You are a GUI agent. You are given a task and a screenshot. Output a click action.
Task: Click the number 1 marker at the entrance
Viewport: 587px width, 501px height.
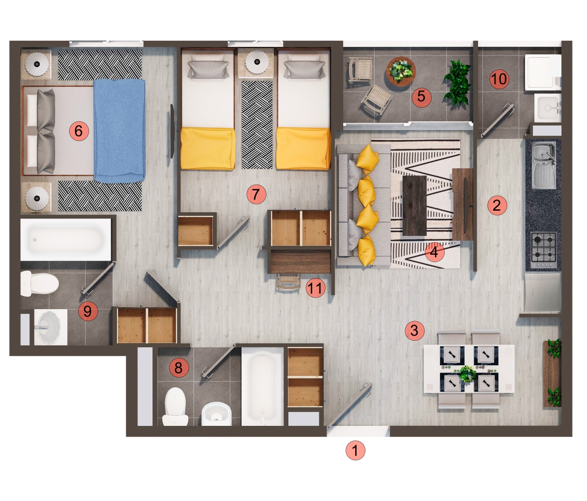point(355,450)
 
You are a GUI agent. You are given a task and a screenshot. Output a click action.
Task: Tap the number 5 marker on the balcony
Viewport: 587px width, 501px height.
point(421,96)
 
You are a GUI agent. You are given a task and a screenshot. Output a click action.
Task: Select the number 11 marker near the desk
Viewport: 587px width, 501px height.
point(315,289)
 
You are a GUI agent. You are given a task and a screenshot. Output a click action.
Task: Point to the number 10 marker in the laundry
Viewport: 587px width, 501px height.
point(499,78)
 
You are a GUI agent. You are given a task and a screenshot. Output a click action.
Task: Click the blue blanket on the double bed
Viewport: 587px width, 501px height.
point(120,130)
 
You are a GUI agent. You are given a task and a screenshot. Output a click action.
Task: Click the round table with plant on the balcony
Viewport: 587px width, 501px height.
point(401,70)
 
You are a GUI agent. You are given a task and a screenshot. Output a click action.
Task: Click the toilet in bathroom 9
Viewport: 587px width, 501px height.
point(39,284)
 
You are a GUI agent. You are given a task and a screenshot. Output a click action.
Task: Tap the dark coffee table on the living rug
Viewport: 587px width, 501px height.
point(414,205)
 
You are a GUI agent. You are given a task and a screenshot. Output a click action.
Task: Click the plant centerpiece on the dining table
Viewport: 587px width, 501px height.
point(467,373)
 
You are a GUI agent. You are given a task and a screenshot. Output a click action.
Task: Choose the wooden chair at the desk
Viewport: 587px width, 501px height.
point(288,282)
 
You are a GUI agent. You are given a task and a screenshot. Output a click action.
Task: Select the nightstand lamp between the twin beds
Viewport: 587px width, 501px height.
point(256,62)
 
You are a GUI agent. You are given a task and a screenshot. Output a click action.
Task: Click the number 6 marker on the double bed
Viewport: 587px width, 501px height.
point(79,131)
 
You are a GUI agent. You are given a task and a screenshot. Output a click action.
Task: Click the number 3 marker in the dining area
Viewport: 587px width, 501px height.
point(414,330)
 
